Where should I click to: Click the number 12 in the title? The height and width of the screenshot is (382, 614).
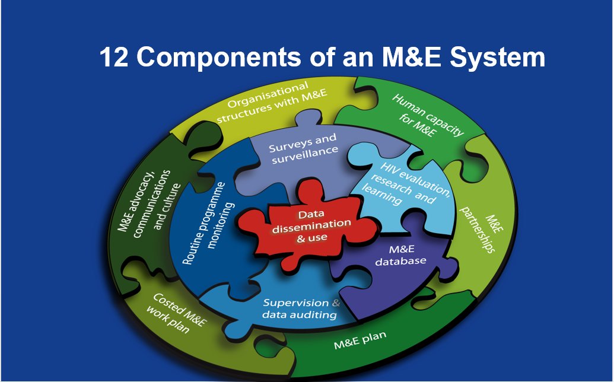coord(113,58)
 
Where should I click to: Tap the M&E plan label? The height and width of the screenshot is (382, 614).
coord(360,340)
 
